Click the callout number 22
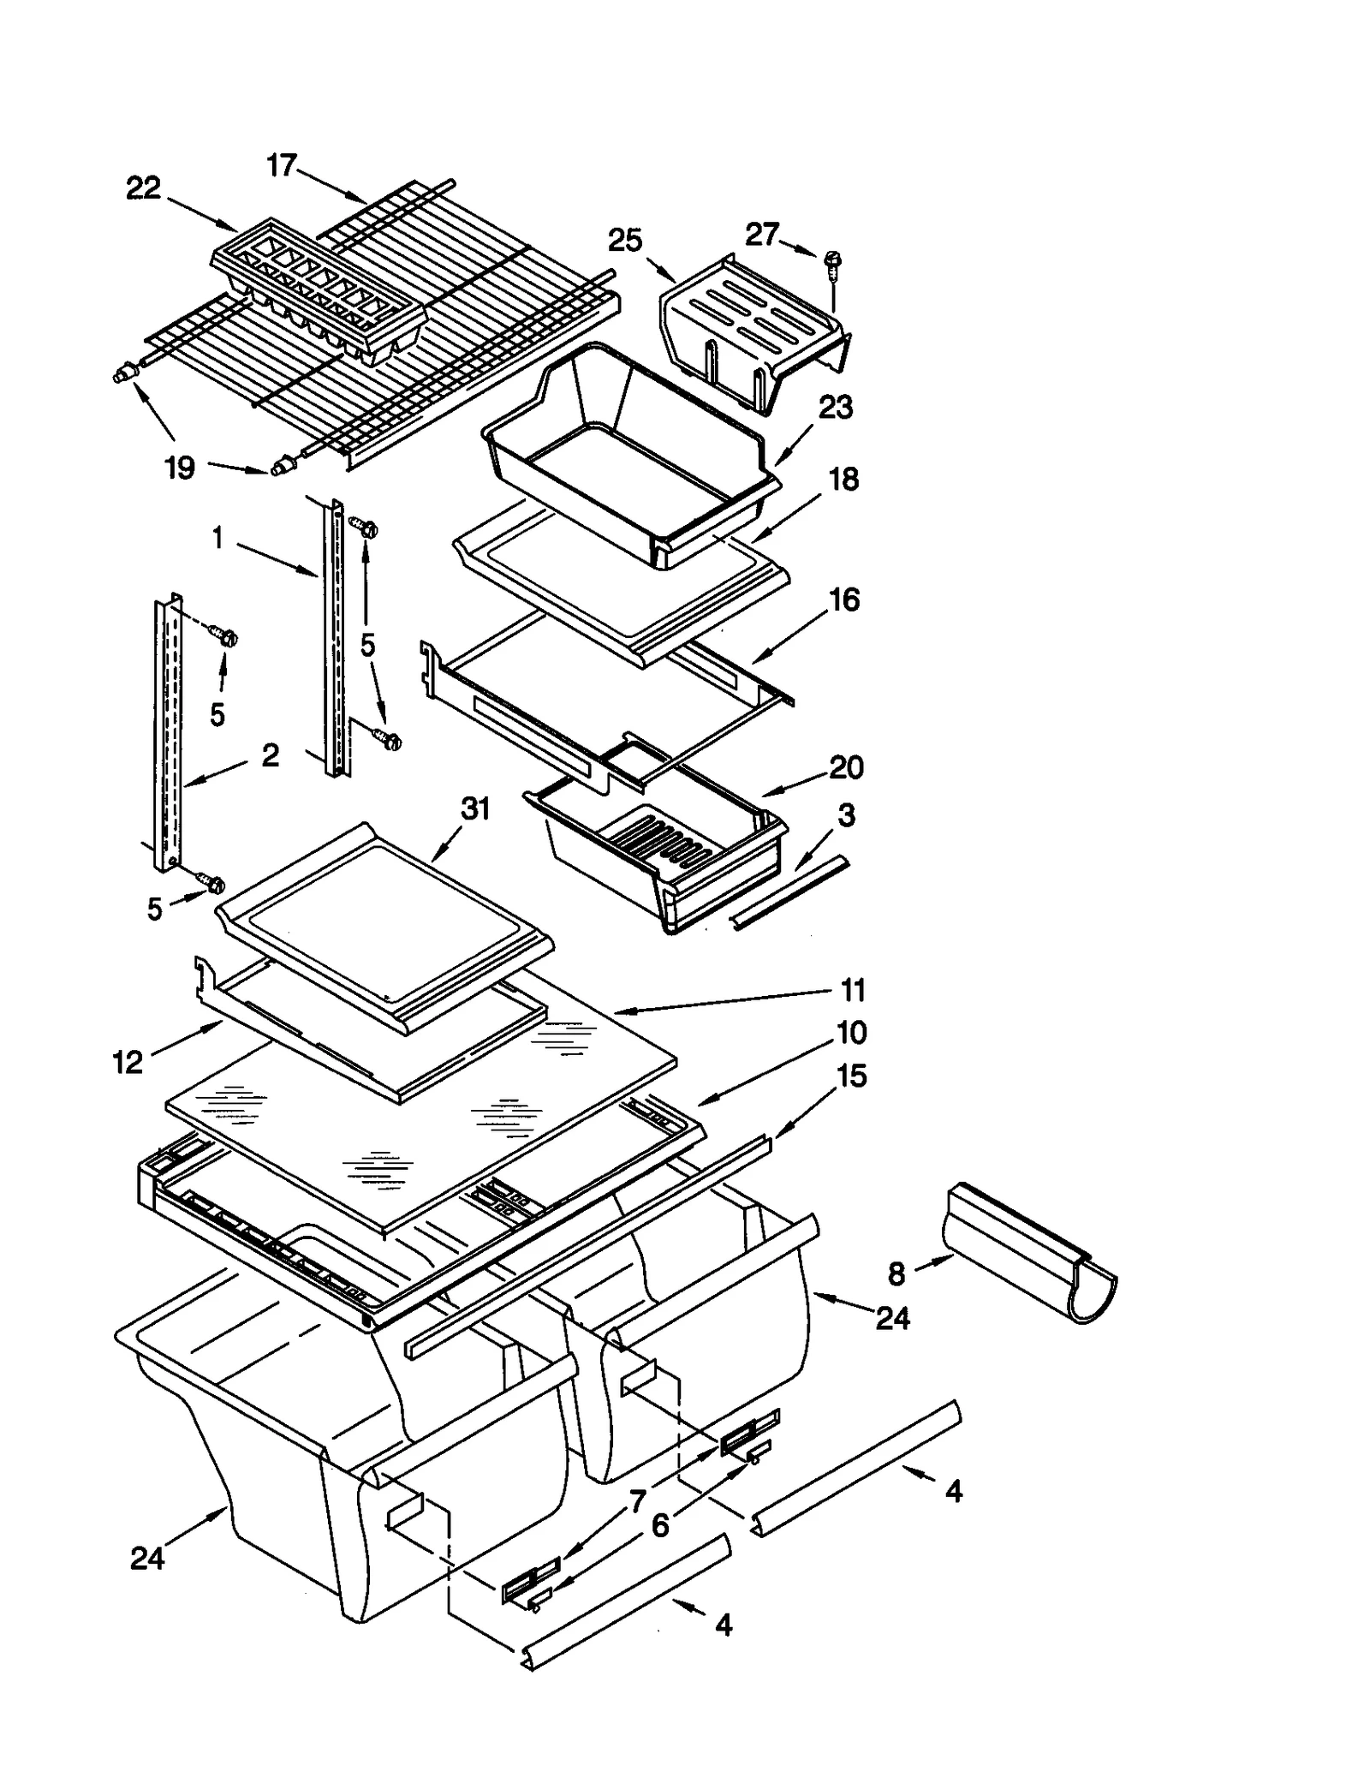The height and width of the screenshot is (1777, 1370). (143, 188)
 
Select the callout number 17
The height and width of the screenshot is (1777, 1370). (282, 164)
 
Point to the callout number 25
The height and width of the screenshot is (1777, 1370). (624, 241)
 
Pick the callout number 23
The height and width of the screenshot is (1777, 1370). (835, 408)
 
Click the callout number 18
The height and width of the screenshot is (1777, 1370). (843, 480)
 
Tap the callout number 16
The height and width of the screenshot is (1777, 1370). (844, 600)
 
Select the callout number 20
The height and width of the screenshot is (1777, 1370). (846, 767)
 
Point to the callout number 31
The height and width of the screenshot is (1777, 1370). (475, 808)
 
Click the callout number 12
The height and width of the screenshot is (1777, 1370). (128, 1063)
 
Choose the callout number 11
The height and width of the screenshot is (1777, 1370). (853, 990)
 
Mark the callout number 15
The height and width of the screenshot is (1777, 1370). (851, 1076)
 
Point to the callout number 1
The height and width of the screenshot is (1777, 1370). (217, 539)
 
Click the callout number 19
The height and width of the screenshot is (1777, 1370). (180, 468)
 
